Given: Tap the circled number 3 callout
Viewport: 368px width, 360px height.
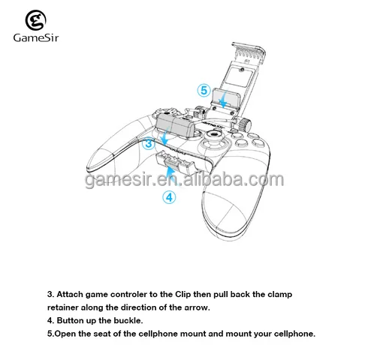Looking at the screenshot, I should coord(149,141).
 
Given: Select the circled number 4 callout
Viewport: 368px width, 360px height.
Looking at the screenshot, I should coord(169,198).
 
